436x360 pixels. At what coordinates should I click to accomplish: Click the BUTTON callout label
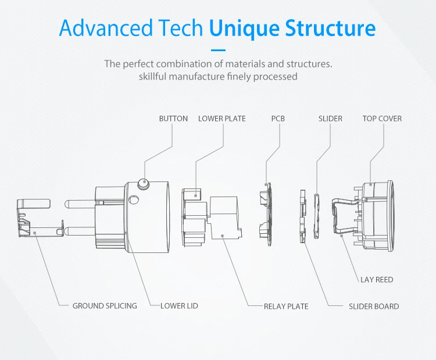(x=173, y=119)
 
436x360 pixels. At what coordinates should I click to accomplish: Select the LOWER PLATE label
(x=221, y=119)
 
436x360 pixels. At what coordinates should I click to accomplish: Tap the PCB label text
(x=278, y=119)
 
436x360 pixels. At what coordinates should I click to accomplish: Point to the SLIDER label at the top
(x=330, y=119)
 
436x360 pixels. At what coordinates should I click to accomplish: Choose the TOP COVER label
(x=382, y=119)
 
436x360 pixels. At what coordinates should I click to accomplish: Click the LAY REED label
(x=376, y=280)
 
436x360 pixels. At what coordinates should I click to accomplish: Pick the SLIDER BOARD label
(x=374, y=306)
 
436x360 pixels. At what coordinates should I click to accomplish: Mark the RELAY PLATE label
(x=286, y=306)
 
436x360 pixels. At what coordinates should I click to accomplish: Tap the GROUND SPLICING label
(x=105, y=306)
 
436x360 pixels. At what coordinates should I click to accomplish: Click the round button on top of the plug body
(x=143, y=185)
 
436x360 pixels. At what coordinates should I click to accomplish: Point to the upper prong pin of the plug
(x=78, y=205)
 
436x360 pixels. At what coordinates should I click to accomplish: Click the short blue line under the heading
(x=218, y=50)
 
